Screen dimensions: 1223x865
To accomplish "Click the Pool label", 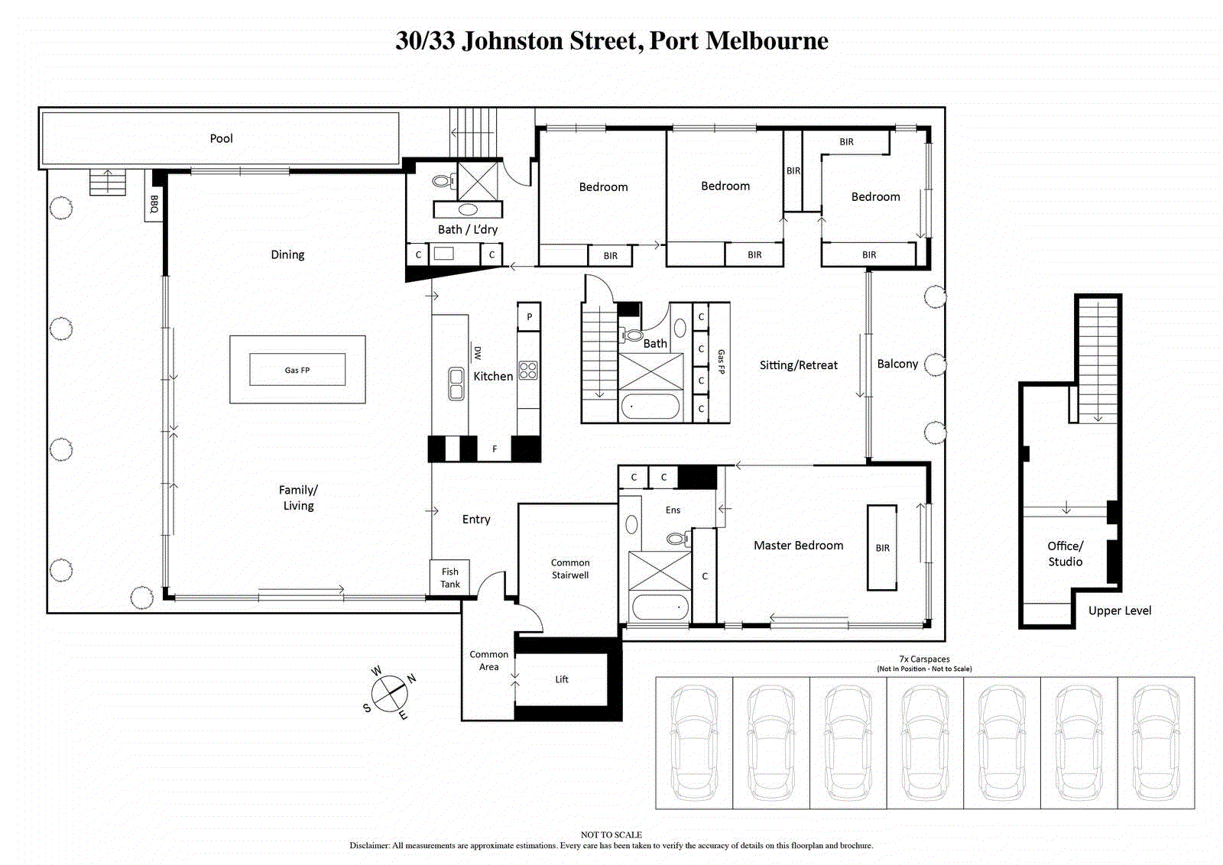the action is pyautogui.click(x=221, y=138).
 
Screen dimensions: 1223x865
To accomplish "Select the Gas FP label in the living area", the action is pyautogui.click(x=297, y=370).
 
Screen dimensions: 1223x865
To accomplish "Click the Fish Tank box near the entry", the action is pyautogui.click(x=450, y=578).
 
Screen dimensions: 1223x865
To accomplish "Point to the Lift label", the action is pyautogui.click(x=562, y=679).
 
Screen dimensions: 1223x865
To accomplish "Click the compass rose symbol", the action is pyautogui.click(x=389, y=694).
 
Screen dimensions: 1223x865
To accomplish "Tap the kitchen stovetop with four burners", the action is pyautogui.click(x=528, y=371).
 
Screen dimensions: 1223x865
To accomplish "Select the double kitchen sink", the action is pyautogui.click(x=456, y=384).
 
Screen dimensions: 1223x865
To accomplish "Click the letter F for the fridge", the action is pyautogui.click(x=495, y=449).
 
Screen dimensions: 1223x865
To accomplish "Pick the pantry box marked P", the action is pyautogui.click(x=529, y=316).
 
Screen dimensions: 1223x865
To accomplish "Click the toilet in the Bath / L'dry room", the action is pyautogui.click(x=444, y=180).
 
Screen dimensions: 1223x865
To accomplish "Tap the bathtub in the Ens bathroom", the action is pyautogui.click(x=659, y=607).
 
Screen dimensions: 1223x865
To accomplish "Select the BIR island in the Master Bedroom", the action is pyautogui.click(x=882, y=547).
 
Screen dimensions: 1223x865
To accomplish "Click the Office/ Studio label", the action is pyautogui.click(x=1066, y=554).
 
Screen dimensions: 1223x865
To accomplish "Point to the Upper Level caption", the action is pyautogui.click(x=1120, y=611).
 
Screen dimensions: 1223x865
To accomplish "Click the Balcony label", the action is pyautogui.click(x=897, y=364).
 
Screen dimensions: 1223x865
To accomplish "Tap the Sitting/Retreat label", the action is pyautogui.click(x=798, y=365).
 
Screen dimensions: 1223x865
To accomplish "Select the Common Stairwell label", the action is pyautogui.click(x=570, y=569).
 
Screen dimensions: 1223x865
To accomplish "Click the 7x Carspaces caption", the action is pyautogui.click(x=924, y=659).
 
